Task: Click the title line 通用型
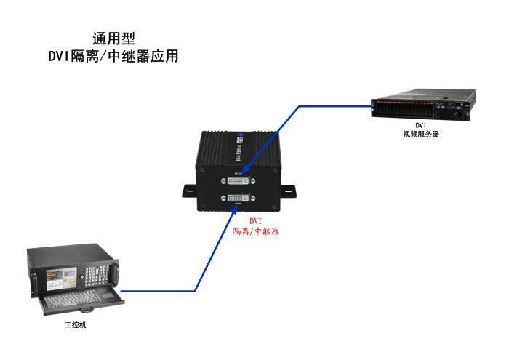point(113,38)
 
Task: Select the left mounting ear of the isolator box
point(188,191)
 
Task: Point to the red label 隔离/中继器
point(256,231)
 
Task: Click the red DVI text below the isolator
point(255,220)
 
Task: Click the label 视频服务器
point(421,134)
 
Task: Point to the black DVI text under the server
point(421,125)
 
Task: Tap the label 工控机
point(75,324)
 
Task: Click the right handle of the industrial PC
point(113,272)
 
